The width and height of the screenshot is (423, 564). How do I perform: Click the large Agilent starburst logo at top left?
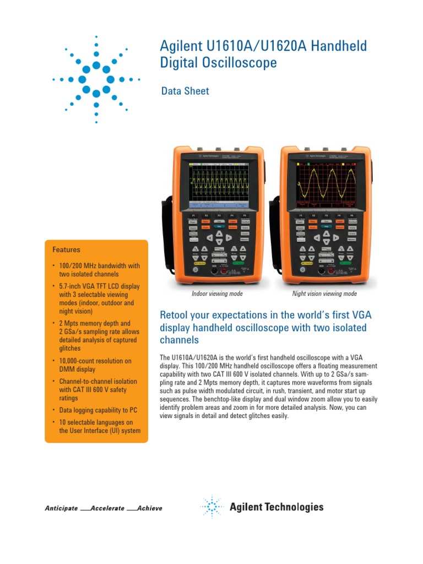coord(96,80)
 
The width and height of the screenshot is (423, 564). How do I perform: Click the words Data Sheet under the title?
coord(185,91)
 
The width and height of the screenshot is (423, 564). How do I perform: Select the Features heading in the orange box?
coord(66,250)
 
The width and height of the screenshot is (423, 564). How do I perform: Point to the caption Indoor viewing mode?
coord(217,294)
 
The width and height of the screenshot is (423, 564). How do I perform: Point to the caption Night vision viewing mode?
coord(324,294)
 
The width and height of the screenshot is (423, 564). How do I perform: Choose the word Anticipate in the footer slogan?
coord(61,508)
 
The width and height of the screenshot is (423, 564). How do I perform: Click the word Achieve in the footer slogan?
coord(150,508)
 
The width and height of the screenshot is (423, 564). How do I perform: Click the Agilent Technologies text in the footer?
coord(276,507)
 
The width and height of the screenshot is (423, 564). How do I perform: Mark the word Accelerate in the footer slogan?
coord(107,508)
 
